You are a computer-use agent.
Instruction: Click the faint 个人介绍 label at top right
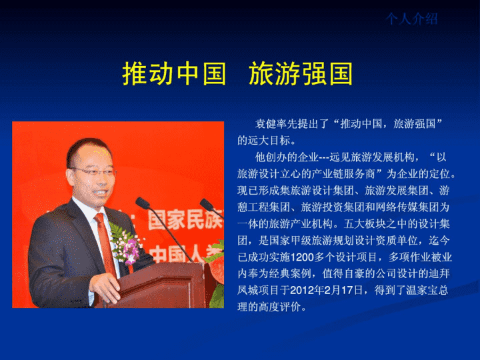point(411,19)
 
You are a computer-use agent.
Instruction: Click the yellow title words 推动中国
point(174,74)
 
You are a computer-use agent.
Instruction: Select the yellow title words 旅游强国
point(301,74)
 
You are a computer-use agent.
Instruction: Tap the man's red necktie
point(105,244)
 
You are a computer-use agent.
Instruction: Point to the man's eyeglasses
point(93,171)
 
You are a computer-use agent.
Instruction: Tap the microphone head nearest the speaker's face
point(143,203)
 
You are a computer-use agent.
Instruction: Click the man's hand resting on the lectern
point(105,287)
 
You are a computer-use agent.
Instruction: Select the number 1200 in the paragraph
point(301,257)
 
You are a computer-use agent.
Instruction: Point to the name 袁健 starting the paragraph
point(266,124)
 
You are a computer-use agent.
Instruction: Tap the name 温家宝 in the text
point(421,290)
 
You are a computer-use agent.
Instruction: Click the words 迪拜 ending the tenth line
point(439,274)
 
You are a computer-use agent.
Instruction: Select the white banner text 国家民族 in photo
point(185,219)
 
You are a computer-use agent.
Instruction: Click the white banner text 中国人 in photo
point(184,254)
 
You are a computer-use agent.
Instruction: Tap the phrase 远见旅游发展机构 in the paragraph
point(372,157)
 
